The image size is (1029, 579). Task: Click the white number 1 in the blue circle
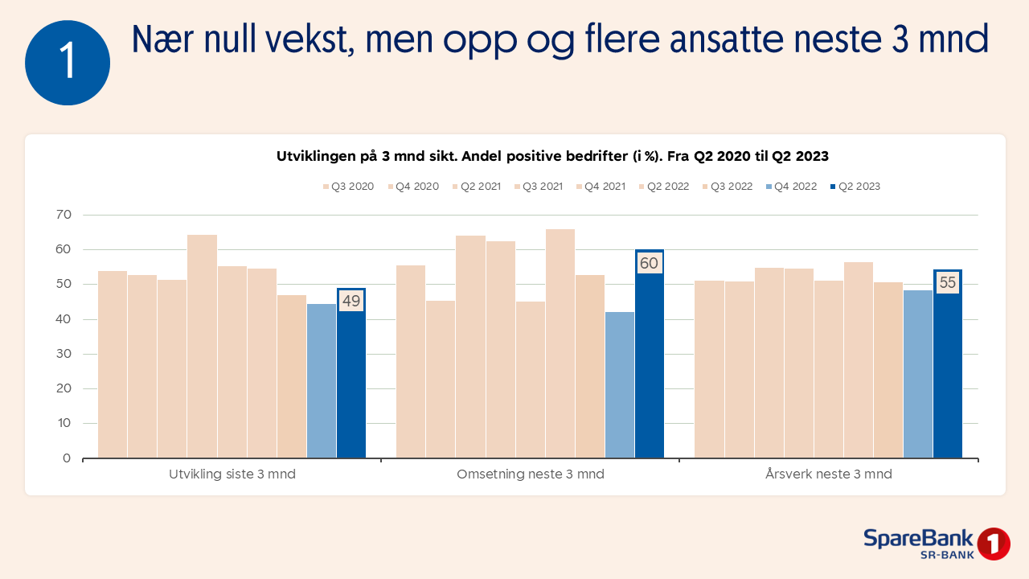(68, 63)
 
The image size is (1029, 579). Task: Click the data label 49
(351, 302)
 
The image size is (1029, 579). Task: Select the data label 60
(649, 263)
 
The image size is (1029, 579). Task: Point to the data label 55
(948, 283)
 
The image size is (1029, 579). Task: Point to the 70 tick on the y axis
(64, 215)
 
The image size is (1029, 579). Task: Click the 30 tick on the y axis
(64, 354)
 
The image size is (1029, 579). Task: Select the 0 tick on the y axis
(67, 458)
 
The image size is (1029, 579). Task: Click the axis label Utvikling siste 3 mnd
(232, 474)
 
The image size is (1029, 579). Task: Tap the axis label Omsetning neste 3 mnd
(531, 474)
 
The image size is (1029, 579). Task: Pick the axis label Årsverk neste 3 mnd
(829, 474)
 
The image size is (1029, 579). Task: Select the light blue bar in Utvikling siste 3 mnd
(322, 381)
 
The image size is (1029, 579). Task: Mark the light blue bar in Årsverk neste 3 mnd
(918, 374)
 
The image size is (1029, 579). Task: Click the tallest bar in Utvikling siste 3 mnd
(202, 346)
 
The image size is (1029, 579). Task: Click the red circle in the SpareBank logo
(994, 544)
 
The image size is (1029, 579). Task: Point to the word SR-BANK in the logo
(947, 555)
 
